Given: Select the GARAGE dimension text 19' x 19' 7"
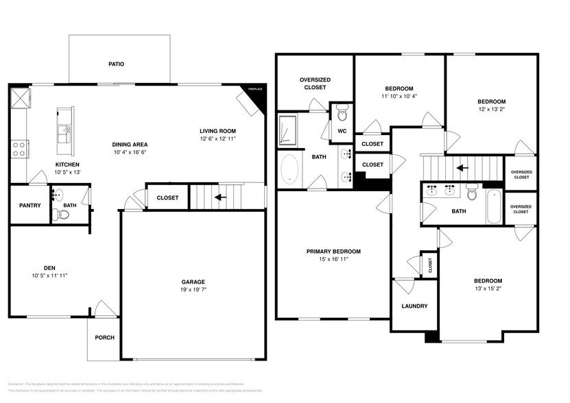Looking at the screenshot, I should point(193,290).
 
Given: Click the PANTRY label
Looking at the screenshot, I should point(29,206).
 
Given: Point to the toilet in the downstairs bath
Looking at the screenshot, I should point(63,214).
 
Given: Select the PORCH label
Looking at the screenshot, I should point(104,337).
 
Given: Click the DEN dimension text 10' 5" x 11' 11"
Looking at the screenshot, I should point(49,276).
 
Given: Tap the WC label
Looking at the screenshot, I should point(342,131).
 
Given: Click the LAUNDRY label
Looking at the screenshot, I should point(414,306).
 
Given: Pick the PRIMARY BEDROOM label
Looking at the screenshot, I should point(333,252).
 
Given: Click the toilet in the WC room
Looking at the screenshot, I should point(342,110).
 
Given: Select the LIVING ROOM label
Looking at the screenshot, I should point(217,131).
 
